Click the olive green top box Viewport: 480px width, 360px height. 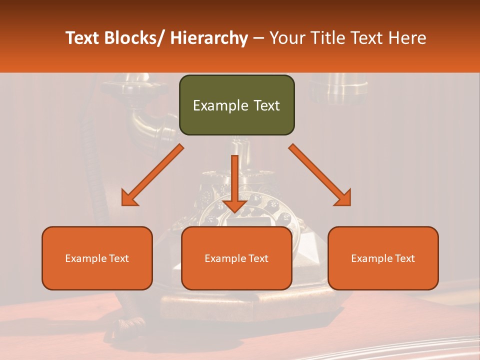(x=236, y=105)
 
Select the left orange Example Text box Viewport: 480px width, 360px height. (x=97, y=258)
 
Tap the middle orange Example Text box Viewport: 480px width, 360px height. (x=236, y=258)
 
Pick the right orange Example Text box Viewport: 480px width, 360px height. (x=383, y=258)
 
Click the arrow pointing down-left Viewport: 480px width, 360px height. (x=152, y=175)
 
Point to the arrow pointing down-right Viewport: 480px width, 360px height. (x=320, y=175)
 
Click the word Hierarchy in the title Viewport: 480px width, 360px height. (x=209, y=38)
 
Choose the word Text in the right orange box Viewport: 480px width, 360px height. (x=404, y=258)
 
